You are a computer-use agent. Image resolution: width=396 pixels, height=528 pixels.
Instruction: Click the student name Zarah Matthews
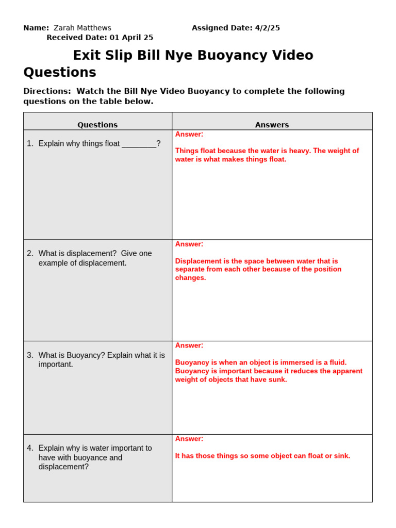[x=82, y=28]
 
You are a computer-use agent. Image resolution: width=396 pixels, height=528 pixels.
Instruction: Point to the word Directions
[x=47, y=91]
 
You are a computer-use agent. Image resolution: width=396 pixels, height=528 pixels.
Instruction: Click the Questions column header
[x=97, y=125]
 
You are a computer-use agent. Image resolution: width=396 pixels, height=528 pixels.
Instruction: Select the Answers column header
[x=272, y=125]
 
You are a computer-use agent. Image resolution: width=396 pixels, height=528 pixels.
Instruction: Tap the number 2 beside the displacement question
[x=30, y=254]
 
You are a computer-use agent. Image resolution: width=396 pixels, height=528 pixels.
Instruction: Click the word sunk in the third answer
[x=276, y=379]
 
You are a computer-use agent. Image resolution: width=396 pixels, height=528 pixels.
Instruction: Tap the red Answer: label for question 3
[x=189, y=345]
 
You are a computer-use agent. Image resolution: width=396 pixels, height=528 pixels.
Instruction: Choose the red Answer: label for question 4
[x=189, y=439]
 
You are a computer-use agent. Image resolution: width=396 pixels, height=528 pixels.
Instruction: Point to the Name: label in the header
[x=36, y=28]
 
